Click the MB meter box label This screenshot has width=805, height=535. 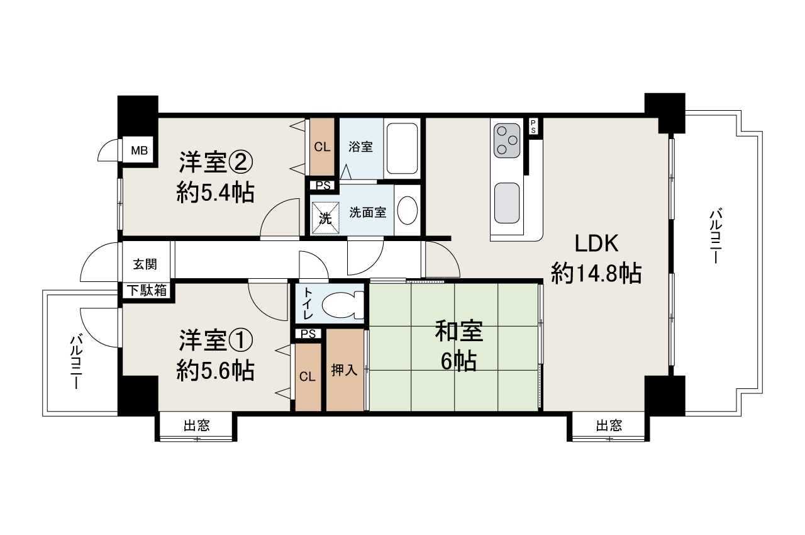(139, 150)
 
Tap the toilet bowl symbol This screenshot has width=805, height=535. (342, 305)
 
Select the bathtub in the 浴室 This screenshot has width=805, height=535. (401, 148)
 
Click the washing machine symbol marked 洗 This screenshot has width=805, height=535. (325, 218)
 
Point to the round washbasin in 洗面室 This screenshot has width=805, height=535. (408, 210)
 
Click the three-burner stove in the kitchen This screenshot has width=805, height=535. (506, 140)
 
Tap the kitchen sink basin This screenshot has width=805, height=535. (506, 202)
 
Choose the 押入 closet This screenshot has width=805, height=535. (345, 370)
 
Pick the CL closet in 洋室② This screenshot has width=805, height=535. (322, 147)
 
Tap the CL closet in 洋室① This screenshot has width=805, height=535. (308, 377)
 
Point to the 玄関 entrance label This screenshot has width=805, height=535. (145, 264)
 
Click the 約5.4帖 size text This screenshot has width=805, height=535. (216, 193)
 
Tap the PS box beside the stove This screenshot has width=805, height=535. (533, 125)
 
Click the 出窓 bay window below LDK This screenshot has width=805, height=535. (608, 426)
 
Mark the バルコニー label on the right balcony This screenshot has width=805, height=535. (715, 236)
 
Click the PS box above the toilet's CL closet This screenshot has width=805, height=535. (309, 334)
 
